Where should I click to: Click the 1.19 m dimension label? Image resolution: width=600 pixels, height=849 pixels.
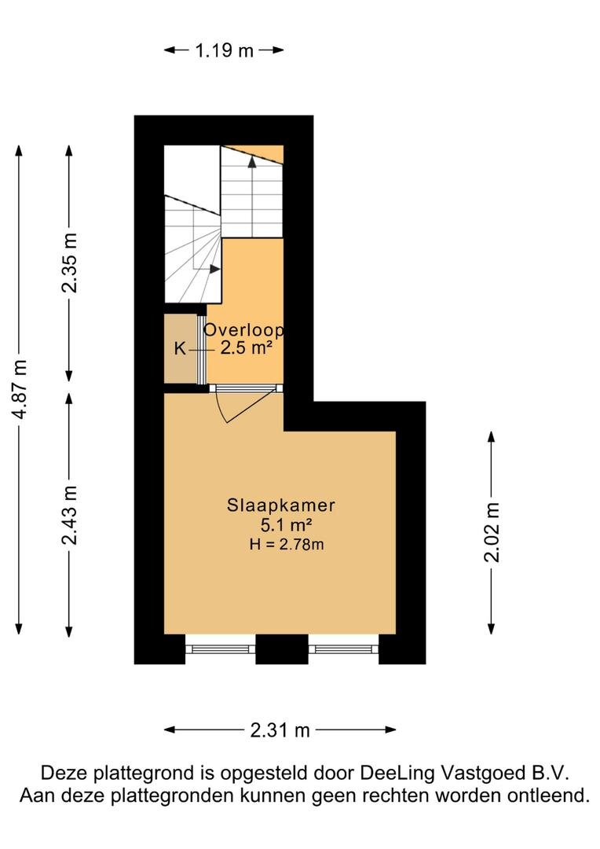coord(224,50)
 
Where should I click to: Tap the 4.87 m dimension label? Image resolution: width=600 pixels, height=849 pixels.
coord(20,389)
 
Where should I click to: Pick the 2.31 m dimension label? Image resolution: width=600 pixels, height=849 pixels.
coord(280,730)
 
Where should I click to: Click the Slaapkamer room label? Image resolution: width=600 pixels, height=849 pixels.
coord(281,505)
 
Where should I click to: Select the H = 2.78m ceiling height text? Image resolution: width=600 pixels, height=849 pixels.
coord(287,544)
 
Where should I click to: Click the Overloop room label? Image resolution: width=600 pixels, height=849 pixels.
coord(243,329)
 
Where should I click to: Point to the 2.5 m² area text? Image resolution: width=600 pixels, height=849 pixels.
coord(245,347)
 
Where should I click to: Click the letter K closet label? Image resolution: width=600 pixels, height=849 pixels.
coord(180,349)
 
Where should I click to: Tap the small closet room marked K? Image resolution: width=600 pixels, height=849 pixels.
coord(181,349)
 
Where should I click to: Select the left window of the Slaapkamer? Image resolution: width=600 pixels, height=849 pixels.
coord(220,649)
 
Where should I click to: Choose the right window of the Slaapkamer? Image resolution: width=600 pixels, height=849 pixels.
coord(343,649)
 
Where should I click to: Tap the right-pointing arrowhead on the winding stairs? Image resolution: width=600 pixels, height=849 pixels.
coord(215,269)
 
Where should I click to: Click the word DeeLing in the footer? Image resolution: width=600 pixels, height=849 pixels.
coord(397,774)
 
